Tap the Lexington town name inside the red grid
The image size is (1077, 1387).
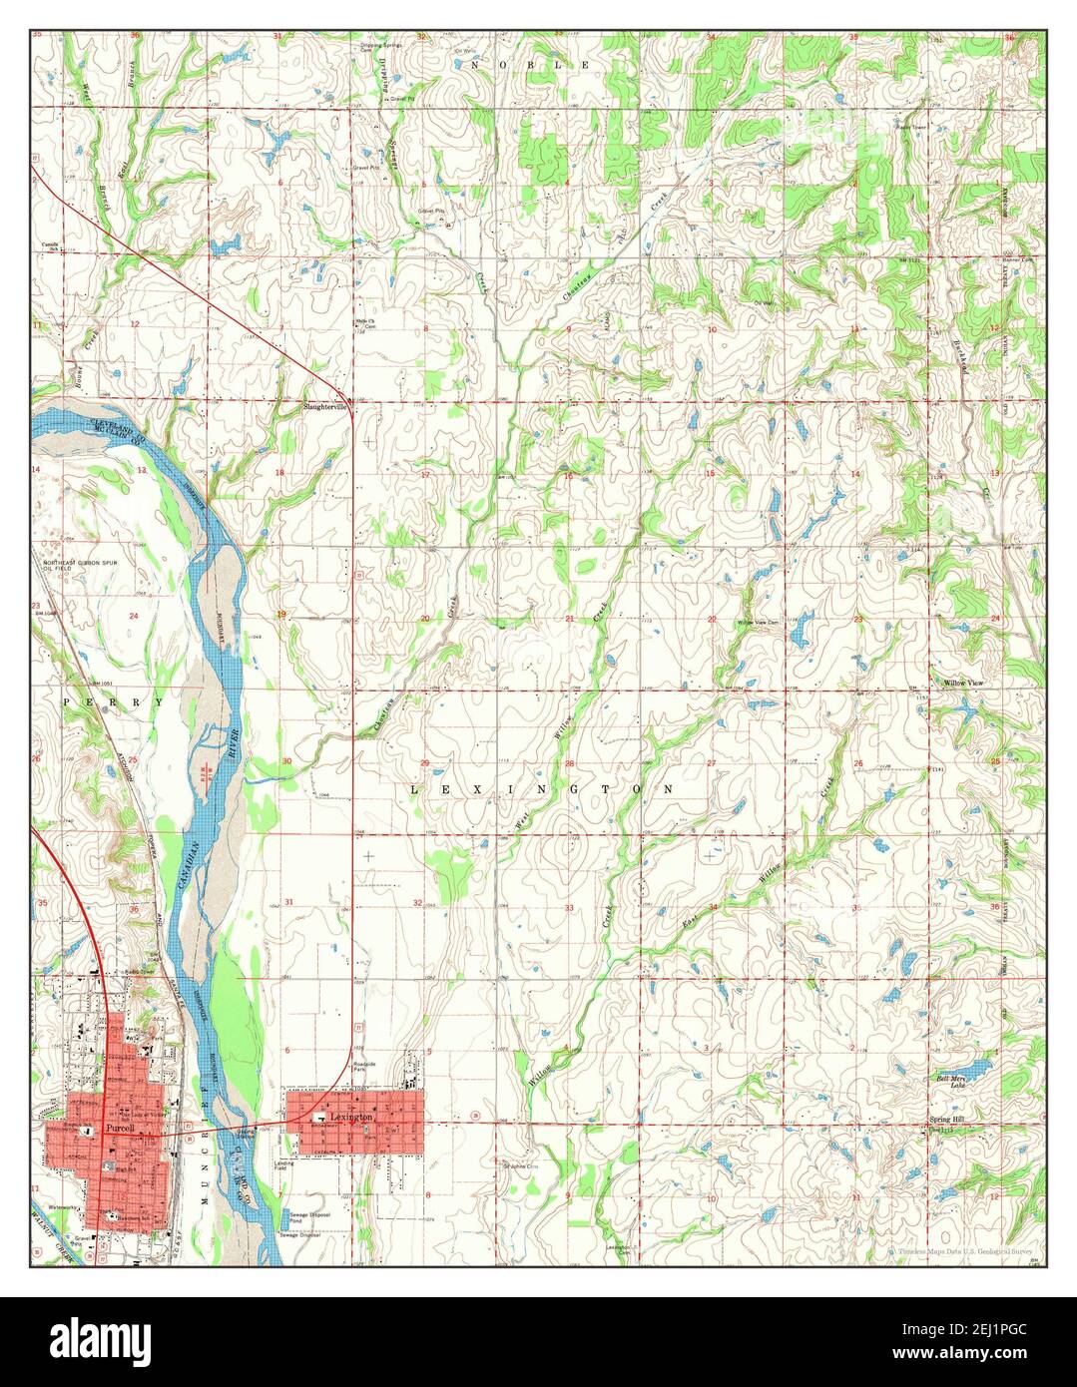point(353,1118)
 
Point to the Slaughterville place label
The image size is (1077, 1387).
point(326,407)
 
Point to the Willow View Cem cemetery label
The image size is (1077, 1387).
point(758,623)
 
